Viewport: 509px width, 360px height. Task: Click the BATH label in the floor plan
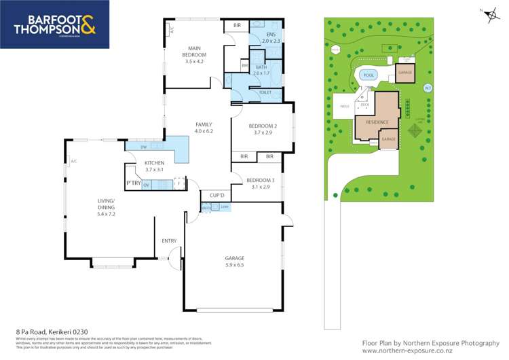coord(261,67)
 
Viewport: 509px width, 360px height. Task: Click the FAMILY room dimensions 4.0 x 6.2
coord(204,131)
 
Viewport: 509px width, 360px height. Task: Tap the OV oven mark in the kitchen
coord(145,184)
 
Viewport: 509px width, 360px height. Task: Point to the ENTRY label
coord(169,240)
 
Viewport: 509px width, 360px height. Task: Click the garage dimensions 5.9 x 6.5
coord(234,265)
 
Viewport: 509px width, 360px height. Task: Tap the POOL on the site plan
coord(369,75)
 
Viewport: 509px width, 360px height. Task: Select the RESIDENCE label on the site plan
coord(377,122)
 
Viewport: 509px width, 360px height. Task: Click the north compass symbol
coord(482,12)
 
